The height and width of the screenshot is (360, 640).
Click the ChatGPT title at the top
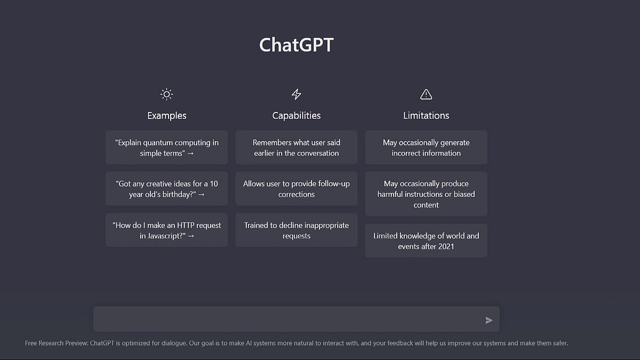[297, 45]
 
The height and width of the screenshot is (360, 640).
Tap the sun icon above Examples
[166, 94]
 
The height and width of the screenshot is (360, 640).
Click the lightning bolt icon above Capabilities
[297, 94]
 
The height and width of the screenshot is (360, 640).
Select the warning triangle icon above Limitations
[426, 94]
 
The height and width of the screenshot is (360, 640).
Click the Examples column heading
[166, 115]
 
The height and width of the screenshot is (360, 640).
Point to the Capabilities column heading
[297, 115]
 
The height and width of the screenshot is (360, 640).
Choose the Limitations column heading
[426, 115]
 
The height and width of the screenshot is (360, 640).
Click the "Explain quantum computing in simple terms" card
[166, 147]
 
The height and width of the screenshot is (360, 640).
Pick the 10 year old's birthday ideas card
[166, 189]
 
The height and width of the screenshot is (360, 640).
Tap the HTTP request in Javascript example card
[166, 230]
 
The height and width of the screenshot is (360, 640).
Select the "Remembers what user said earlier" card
[297, 147]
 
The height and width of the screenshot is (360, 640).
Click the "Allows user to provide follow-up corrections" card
[297, 189]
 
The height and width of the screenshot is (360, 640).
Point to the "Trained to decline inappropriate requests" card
[297, 230]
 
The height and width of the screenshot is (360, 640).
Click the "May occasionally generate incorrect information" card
[426, 147]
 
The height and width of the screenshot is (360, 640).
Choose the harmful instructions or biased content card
[426, 194]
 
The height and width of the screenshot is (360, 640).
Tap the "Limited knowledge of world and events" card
[426, 241]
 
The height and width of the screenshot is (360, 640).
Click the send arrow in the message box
[489, 321]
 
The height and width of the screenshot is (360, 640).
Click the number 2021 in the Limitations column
[446, 246]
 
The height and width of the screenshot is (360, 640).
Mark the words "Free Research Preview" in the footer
[57, 343]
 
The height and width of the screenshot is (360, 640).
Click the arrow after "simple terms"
[190, 154]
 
